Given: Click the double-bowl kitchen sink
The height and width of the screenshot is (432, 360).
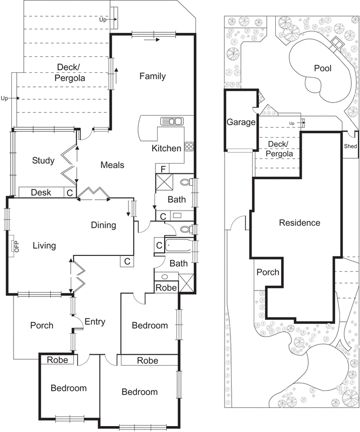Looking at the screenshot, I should [x=171, y=121].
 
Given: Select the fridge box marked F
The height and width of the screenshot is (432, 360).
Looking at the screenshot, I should [x=161, y=168].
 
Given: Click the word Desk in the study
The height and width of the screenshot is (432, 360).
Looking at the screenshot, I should [x=41, y=192].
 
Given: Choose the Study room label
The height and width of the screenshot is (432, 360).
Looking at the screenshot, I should [x=43, y=160].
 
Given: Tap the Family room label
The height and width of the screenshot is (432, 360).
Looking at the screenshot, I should [x=152, y=76].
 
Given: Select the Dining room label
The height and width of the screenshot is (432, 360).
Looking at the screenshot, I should [x=103, y=225].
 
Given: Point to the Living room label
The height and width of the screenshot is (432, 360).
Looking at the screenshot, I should [x=44, y=246].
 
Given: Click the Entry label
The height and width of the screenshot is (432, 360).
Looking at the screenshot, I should [x=94, y=322].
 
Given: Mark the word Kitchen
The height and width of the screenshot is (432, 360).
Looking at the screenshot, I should [x=166, y=148].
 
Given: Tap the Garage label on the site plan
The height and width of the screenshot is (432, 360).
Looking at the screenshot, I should [x=241, y=122].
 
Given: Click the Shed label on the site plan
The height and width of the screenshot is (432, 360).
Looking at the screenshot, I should [x=350, y=146].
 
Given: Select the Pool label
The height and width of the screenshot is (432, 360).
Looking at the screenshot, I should [x=323, y=69].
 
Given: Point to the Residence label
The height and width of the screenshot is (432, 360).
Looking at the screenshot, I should [x=300, y=222].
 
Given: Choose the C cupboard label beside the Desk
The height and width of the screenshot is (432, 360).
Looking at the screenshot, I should [x=70, y=192].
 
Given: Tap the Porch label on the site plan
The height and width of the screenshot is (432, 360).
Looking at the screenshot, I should [x=268, y=272].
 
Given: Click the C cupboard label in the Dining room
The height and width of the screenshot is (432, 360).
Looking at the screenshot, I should [x=127, y=261].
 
